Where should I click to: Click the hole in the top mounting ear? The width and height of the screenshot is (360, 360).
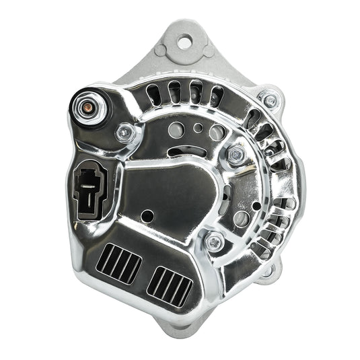[183, 42]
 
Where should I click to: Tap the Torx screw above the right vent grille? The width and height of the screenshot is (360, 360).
[214, 240]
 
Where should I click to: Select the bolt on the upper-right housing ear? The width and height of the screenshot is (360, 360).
[270, 100]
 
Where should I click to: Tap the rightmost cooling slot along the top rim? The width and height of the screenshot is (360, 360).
[214, 93]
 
